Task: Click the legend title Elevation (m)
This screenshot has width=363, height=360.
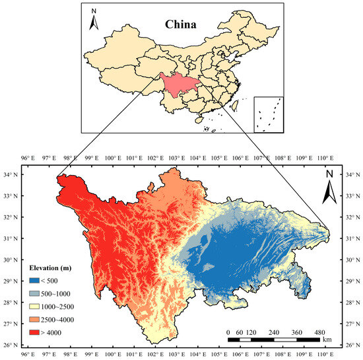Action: click(x=52, y=268)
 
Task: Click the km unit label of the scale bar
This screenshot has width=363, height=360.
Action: click(x=327, y=340)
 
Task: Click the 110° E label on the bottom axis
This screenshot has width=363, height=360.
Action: click(x=325, y=354)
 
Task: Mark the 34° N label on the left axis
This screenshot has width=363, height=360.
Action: click(x=11, y=174)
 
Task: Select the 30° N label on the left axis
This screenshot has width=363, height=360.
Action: click(x=11, y=260)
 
